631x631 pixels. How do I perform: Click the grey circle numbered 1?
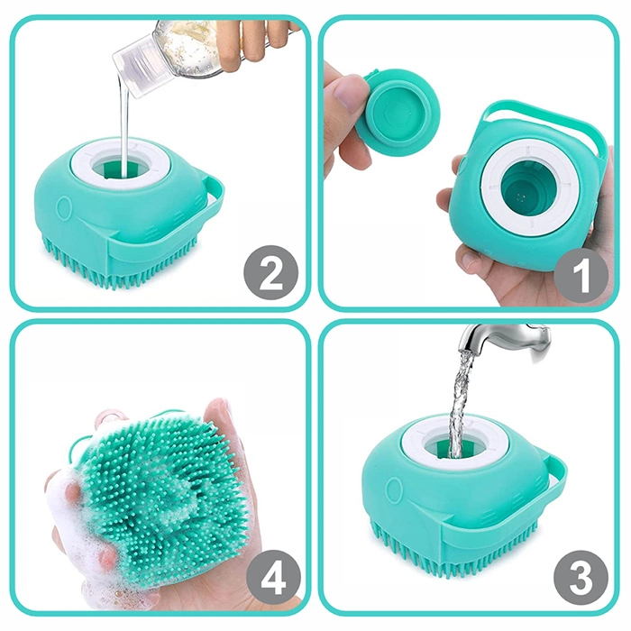[581, 275]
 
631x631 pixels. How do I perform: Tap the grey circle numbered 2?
[270, 272]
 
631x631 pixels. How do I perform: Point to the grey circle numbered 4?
[274, 578]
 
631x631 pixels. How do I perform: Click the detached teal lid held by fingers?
[398, 106]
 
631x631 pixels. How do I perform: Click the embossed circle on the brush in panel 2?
[64, 206]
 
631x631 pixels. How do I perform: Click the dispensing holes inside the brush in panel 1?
[522, 197]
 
